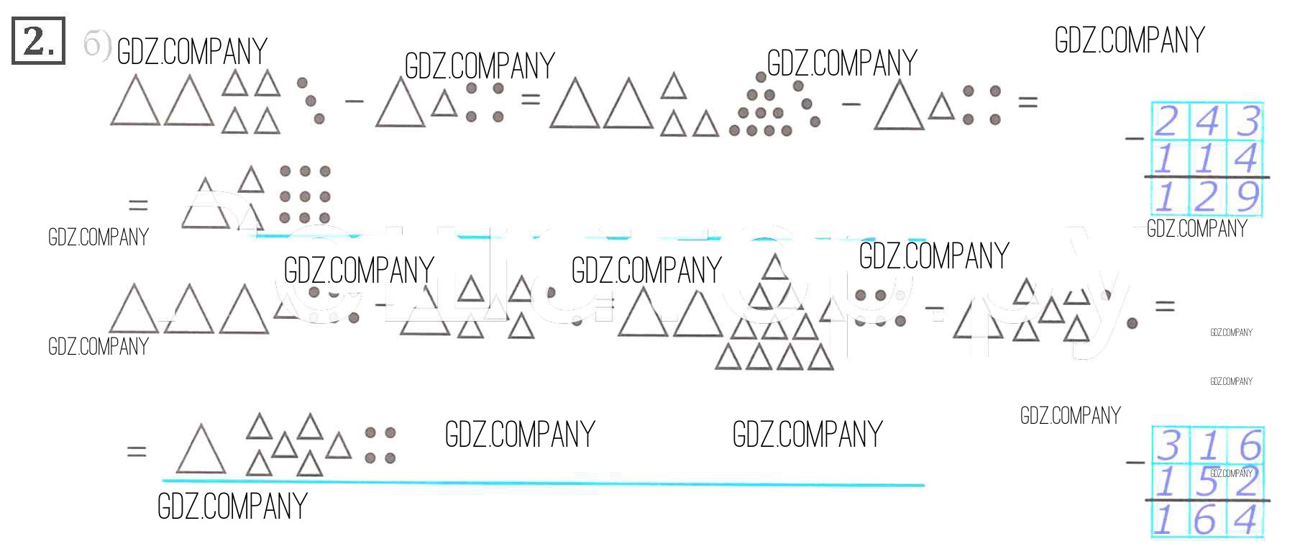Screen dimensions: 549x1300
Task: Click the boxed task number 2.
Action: click(x=38, y=41)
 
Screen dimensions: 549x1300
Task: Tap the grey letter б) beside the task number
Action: click(x=96, y=45)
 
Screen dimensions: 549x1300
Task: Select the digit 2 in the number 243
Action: click(x=1167, y=121)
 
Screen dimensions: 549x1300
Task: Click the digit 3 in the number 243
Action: click(x=1248, y=121)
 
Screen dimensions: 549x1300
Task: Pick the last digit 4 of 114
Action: click(x=1246, y=158)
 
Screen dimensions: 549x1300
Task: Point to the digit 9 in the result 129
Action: click(x=1248, y=196)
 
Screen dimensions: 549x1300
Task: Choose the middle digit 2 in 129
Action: click(x=1207, y=196)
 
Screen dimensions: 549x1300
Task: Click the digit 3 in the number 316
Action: click(x=1168, y=445)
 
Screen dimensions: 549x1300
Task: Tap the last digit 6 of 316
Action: click(x=1250, y=445)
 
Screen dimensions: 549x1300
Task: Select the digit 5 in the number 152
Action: click(x=1207, y=481)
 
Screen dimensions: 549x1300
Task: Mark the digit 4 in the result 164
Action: click(x=1247, y=519)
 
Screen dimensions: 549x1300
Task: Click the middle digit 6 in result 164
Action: click(x=1206, y=519)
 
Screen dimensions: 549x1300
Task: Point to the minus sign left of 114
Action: click(x=1135, y=137)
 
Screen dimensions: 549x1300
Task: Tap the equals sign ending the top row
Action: click(x=1027, y=103)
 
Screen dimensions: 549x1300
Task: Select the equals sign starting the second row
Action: click(x=137, y=206)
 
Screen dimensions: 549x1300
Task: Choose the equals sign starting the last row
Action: click(x=137, y=452)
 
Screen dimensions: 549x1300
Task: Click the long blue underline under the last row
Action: click(x=543, y=483)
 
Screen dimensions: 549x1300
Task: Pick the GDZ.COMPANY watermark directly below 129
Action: click(x=1196, y=229)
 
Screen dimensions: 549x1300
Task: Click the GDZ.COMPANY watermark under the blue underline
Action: click(x=232, y=507)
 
